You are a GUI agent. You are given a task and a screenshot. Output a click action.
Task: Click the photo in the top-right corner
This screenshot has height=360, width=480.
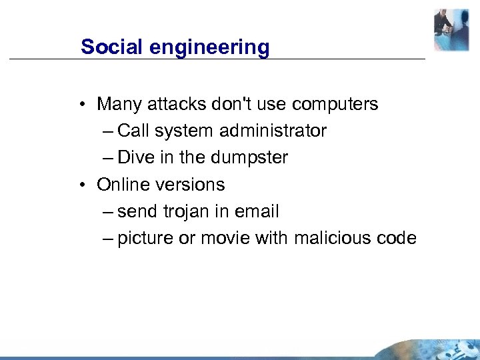pyautogui.click(x=451, y=30)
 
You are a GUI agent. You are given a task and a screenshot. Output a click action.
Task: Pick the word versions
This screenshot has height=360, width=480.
pyautogui.click(x=195, y=184)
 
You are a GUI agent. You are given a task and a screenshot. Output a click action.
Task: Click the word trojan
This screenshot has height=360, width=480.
pyautogui.click(x=187, y=211)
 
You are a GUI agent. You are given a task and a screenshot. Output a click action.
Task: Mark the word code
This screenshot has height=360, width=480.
pyautogui.click(x=397, y=238)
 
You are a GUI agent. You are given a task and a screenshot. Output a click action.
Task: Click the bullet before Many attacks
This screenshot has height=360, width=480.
pyautogui.click(x=80, y=105)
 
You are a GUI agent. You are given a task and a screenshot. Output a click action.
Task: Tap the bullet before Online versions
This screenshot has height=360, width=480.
pyautogui.click(x=80, y=185)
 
